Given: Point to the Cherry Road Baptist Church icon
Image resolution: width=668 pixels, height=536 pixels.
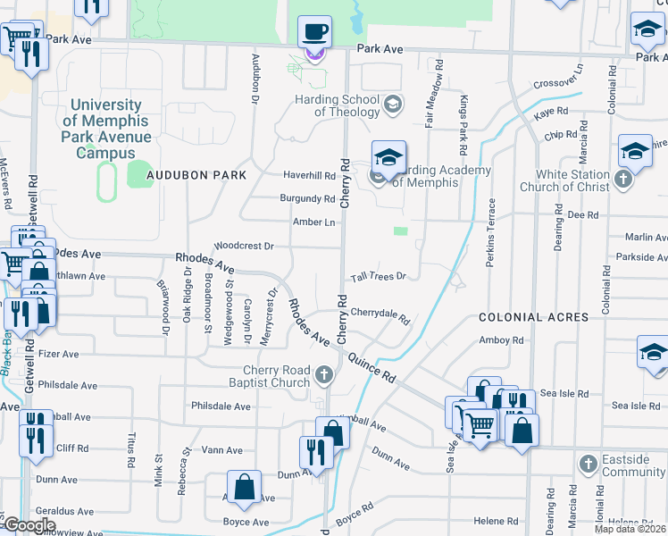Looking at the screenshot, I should point(323,375).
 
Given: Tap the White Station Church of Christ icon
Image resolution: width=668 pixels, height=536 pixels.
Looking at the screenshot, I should point(623,180).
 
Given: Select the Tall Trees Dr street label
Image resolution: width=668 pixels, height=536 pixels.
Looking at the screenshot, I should point(378,277).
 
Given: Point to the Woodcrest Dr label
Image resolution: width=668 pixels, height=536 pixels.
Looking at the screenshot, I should point(244,245).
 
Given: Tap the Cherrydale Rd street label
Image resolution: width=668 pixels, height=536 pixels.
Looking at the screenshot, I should point(380,314).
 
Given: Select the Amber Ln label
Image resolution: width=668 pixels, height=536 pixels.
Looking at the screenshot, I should point(313,222).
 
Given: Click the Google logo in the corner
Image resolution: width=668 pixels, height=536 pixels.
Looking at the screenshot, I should point(29,525).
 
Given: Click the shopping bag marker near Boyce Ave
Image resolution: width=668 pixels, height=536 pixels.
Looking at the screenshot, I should point(244,488).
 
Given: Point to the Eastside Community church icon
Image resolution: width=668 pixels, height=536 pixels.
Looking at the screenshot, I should point(588,464).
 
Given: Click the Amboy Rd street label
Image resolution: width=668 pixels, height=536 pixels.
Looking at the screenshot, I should point(501,340).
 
